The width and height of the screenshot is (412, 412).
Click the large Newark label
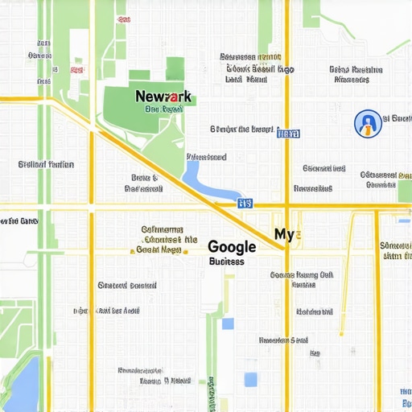[x=163, y=97]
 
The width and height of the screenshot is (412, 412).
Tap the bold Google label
[x=232, y=247]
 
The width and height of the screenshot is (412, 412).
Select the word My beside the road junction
[x=284, y=234]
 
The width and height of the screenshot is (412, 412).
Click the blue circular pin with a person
[x=367, y=123]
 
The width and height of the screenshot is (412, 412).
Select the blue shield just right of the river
[x=245, y=204]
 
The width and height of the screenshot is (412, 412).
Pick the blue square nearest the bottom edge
[x=251, y=379]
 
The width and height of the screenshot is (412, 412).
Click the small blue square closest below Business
[x=228, y=323]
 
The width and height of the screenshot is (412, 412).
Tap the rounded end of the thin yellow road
[x=341, y=332]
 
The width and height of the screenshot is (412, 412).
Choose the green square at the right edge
[x=404, y=192]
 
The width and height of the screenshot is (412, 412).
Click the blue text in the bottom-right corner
[x=405, y=396]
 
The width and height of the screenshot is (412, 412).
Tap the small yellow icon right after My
[x=299, y=236]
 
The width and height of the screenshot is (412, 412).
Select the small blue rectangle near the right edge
[x=404, y=219]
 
